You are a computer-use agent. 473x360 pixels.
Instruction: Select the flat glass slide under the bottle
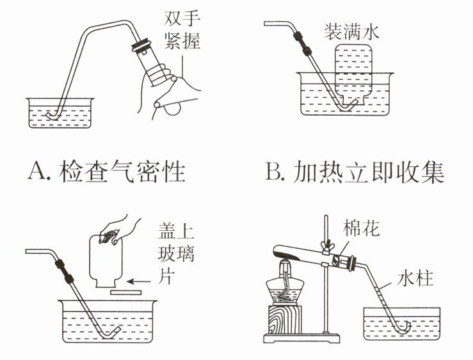click(x=126, y=292)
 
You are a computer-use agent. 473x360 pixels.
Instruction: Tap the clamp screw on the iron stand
click(x=333, y=247)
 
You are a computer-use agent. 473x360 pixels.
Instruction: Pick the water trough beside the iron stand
click(x=402, y=323)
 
